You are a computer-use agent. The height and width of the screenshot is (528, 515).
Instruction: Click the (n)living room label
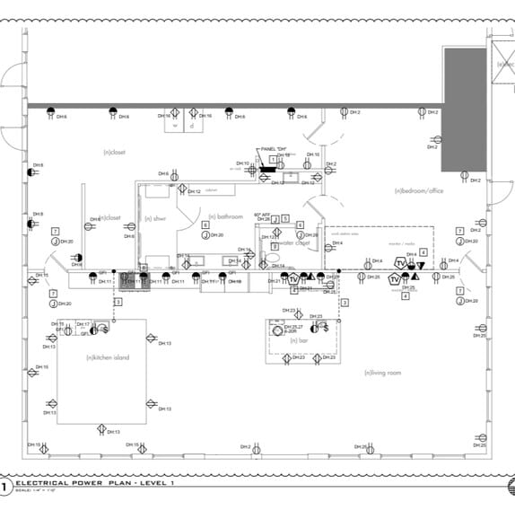[x=381, y=373]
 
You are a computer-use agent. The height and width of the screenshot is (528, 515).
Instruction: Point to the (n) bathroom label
[x=225, y=216]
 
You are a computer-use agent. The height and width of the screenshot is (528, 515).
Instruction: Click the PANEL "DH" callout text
[x=273, y=148]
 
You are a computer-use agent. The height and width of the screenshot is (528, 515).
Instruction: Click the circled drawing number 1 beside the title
[x=5, y=487]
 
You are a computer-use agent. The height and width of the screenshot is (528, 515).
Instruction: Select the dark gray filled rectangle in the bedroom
[x=464, y=110]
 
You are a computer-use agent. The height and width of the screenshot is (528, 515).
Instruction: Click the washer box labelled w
[x=176, y=127]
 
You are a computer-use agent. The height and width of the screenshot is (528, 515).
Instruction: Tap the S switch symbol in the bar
[x=326, y=329]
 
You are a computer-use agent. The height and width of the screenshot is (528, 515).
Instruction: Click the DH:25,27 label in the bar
[x=293, y=327]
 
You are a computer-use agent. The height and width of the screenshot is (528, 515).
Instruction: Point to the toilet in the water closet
[x=274, y=257]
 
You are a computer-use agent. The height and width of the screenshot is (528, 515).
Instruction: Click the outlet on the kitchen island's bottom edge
[x=102, y=427]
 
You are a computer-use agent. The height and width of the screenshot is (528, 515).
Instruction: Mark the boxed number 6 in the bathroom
[x=205, y=224]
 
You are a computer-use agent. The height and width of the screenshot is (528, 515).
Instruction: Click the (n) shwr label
[x=155, y=218]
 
